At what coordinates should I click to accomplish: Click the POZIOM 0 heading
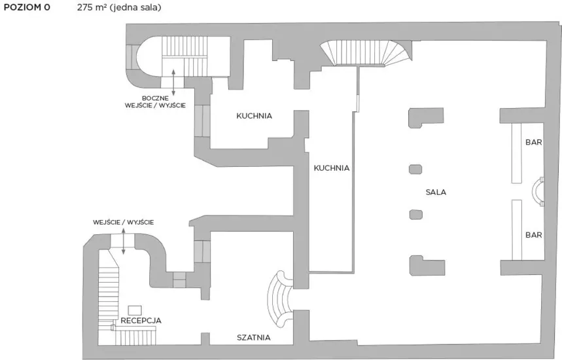click(x=27, y=7)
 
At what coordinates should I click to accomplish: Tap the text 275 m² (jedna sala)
click(x=119, y=7)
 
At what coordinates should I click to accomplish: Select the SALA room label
click(x=436, y=192)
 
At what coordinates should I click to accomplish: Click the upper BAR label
click(x=534, y=142)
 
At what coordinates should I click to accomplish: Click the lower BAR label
click(x=534, y=235)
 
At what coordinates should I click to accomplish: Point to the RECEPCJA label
click(x=141, y=321)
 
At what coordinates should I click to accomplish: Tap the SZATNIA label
click(x=253, y=337)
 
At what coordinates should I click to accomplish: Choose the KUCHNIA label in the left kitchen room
click(x=254, y=116)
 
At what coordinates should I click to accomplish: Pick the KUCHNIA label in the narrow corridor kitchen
click(x=332, y=168)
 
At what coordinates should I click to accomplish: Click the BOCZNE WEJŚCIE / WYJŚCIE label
click(x=155, y=102)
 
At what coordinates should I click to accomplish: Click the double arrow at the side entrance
click(x=173, y=82)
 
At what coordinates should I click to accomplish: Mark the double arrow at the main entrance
click(x=123, y=242)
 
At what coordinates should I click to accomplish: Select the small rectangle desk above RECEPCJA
click(x=135, y=310)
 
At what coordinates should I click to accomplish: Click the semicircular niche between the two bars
click(x=538, y=191)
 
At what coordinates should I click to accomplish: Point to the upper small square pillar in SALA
click(x=415, y=169)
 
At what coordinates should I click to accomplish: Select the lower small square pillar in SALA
click(x=415, y=215)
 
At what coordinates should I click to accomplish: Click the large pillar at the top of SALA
click(x=426, y=118)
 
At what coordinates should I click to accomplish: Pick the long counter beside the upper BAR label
click(x=516, y=153)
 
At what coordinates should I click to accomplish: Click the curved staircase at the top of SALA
click(x=366, y=53)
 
